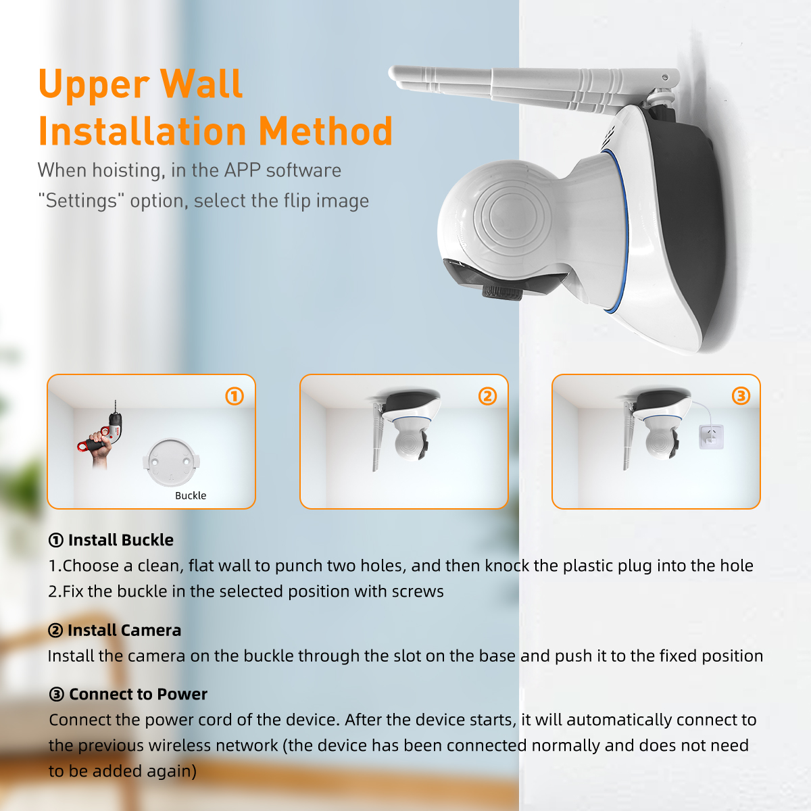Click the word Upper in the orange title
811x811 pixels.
(x=94, y=85)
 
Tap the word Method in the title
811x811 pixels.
(x=325, y=131)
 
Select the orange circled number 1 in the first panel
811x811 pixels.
(x=235, y=396)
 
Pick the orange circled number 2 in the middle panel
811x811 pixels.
(x=487, y=396)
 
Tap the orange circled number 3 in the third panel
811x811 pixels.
(x=741, y=395)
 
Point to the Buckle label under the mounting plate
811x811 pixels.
(x=191, y=495)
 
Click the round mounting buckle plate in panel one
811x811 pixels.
(x=171, y=462)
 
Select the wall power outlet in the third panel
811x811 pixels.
(x=711, y=437)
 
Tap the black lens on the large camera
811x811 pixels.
(x=503, y=291)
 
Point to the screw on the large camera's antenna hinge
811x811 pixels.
(x=664, y=78)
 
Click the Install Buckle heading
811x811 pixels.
(x=111, y=540)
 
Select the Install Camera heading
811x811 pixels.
(x=114, y=630)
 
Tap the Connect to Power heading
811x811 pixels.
(x=128, y=694)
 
